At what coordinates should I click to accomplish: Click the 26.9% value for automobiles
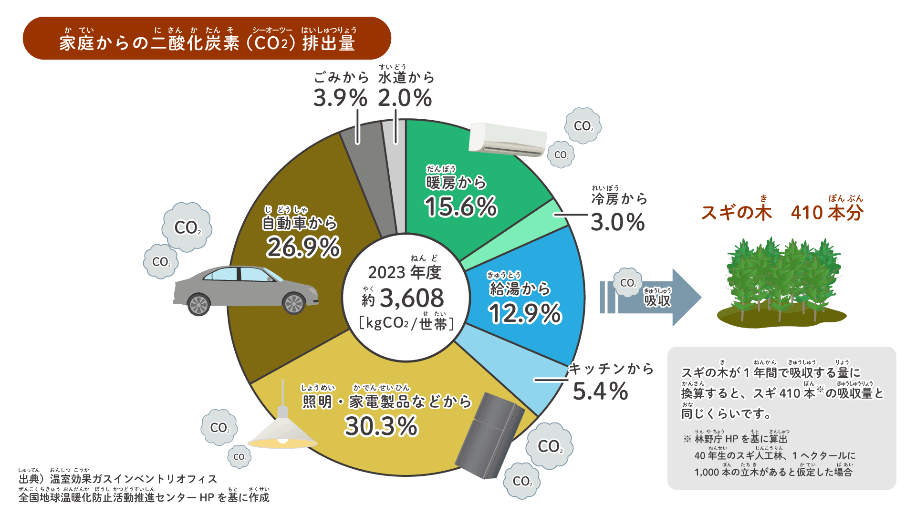pos(303,247)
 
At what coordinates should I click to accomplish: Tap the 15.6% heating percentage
pos(461,207)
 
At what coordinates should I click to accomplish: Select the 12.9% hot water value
pos(525,314)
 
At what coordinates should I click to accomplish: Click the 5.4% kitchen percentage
pos(600,391)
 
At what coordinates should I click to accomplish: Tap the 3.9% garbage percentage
pos(340,98)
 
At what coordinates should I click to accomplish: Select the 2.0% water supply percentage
pos(405,98)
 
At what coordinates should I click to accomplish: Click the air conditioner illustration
pos(507,139)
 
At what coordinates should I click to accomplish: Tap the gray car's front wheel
pos(294,303)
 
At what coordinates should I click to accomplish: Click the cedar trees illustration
pos(781,284)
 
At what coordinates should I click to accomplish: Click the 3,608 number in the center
pos(411,299)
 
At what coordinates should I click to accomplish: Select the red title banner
pos(207,38)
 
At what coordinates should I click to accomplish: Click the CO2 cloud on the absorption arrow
pos(627,283)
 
